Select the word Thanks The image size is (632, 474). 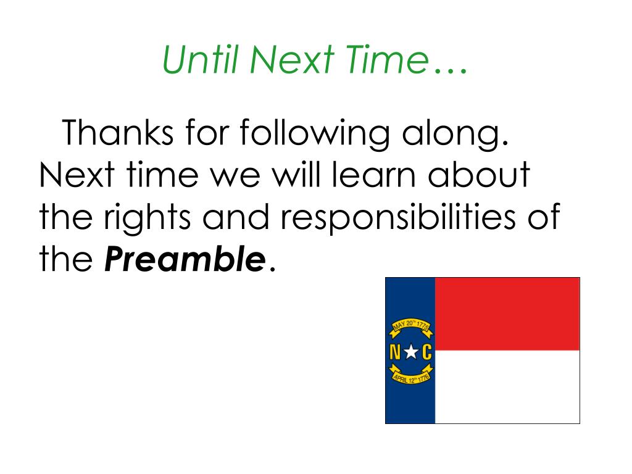point(116,133)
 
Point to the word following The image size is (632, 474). point(291,134)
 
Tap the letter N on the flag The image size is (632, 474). point(395,353)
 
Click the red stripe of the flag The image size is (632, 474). point(507,314)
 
